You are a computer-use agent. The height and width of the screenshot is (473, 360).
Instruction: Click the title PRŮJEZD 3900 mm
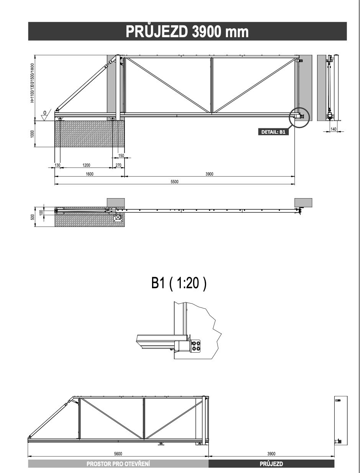(x=187, y=31)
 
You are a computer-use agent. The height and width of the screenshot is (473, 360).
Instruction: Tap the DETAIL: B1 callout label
(x=273, y=132)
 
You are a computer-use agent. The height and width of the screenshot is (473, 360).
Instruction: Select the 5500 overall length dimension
(x=175, y=182)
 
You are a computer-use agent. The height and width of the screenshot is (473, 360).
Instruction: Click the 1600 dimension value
(x=90, y=174)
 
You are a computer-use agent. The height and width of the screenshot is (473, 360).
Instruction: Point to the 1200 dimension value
(x=86, y=165)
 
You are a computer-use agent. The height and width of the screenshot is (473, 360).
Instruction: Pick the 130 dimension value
(x=57, y=165)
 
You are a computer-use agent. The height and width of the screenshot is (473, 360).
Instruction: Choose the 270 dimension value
(x=118, y=165)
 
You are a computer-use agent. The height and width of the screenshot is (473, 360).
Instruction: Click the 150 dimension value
(x=121, y=156)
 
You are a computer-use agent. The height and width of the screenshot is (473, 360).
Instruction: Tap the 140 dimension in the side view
(x=333, y=129)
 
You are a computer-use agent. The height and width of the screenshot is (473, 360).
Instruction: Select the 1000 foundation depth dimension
(x=33, y=134)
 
